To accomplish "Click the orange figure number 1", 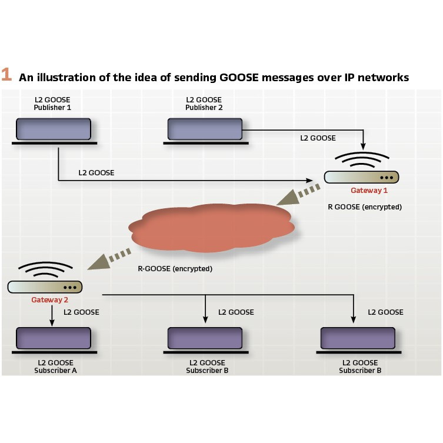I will pos(6,75).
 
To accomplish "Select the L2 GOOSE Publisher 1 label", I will pos(53,104).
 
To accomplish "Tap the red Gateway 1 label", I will pos(369,191).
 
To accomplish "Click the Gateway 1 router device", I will pos(361,177).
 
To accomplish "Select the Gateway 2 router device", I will pos(45,287).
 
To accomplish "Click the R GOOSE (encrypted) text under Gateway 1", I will pos(365,207).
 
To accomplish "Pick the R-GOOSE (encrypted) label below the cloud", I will pos(175,269).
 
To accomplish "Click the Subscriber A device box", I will pos(53,338).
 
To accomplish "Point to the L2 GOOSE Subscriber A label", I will pos(53,367).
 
